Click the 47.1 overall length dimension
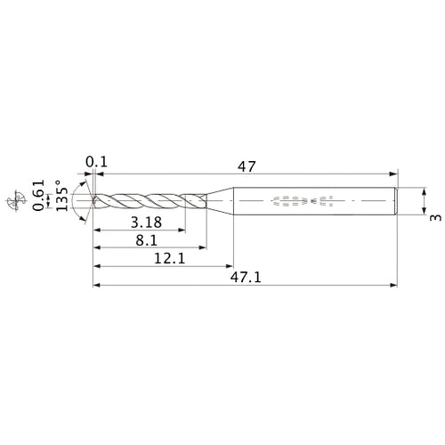point(242,278)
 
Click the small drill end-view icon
point(13,202)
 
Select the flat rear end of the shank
point(395,201)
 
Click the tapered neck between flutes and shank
point(219,201)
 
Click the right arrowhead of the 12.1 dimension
point(228,267)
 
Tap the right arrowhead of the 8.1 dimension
point(203,248)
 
